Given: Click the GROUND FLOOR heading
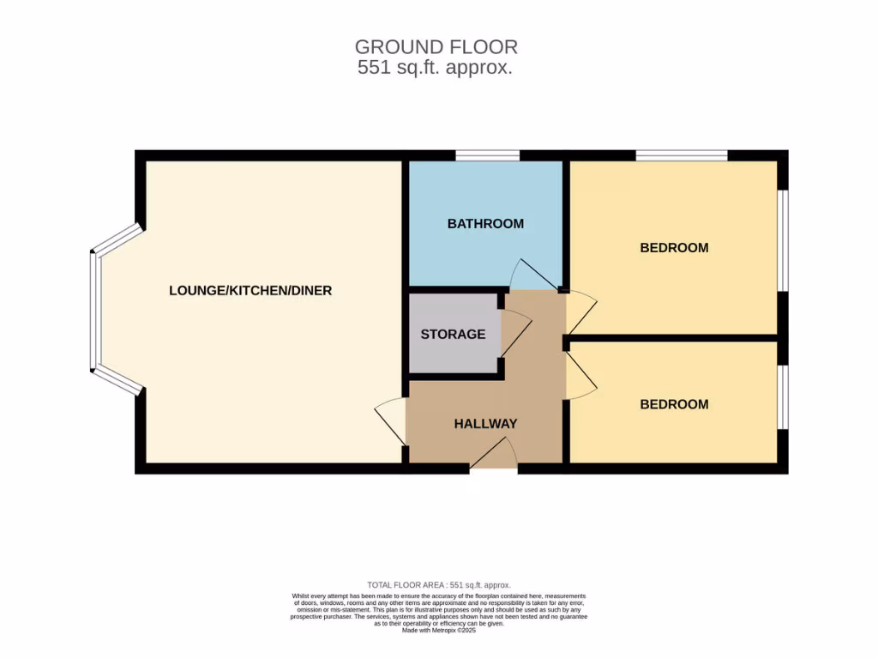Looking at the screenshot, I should pyautogui.click(x=436, y=46).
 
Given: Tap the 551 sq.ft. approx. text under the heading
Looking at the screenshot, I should pyautogui.click(x=436, y=68).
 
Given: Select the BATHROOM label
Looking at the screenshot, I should pyautogui.click(x=485, y=224).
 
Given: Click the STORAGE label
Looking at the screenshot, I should pyautogui.click(x=453, y=334).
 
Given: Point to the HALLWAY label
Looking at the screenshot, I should pyautogui.click(x=485, y=423).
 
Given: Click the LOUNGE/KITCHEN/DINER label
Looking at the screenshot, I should pyautogui.click(x=250, y=291).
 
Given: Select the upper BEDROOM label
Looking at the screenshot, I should pyautogui.click(x=674, y=248).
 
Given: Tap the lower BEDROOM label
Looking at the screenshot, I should pyautogui.click(x=674, y=404).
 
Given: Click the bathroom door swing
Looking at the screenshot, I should pyautogui.click(x=532, y=275).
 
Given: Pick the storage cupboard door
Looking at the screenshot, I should pyautogui.click(x=517, y=330).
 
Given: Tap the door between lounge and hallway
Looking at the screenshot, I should pyautogui.click(x=391, y=420).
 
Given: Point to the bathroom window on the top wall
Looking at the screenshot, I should pyautogui.click(x=487, y=155).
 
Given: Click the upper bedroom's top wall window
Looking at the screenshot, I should pyautogui.click(x=682, y=155).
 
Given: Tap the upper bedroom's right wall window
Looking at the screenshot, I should pyautogui.click(x=782, y=240).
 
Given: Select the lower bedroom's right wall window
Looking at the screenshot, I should pyautogui.click(x=782, y=396).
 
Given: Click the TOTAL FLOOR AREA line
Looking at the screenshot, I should pyautogui.click(x=439, y=584).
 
